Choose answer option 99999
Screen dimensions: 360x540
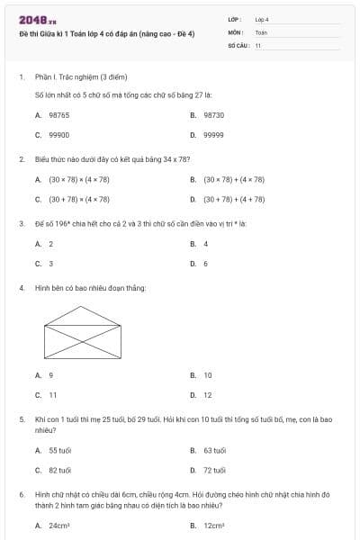coord(213,134)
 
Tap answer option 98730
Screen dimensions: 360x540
coord(213,115)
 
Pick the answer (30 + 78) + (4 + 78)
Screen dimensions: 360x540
coord(234,199)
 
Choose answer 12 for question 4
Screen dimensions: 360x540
coord(207,394)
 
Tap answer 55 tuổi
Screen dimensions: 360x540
coord(60,450)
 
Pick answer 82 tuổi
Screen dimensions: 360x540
coord(60,469)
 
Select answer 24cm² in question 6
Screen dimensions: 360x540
coord(59,525)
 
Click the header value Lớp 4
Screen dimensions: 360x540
coord(262,19)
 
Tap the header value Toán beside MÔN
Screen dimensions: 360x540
coord(261,31)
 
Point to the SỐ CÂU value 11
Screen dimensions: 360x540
coord(258,43)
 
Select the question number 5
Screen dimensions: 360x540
coord(21,419)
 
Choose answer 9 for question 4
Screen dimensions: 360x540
coord(50,375)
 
